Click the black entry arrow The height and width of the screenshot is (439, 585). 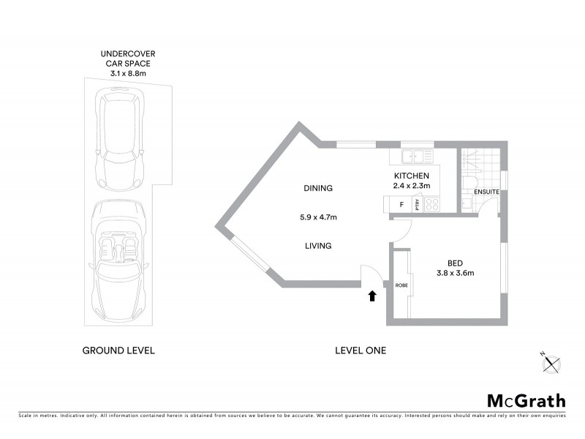point(372,296)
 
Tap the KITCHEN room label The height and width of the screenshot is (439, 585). point(412,176)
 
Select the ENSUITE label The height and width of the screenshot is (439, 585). point(486,192)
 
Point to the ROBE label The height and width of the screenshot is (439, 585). point(401,285)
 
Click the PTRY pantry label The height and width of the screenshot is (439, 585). point(418,206)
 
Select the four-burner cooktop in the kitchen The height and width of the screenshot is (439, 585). point(432,206)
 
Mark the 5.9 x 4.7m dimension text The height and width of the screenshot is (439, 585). point(318,217)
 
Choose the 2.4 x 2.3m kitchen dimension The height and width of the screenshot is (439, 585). point(412,187)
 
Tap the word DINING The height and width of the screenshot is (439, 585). point(318,188)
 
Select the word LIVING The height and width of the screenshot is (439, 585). point(318,246)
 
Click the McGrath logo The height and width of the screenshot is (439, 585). point(526,400)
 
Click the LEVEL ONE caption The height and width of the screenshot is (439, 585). point(360,350)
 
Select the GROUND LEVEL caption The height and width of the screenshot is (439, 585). point(118,350)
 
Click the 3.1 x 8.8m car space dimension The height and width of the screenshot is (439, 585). point(128,73)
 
